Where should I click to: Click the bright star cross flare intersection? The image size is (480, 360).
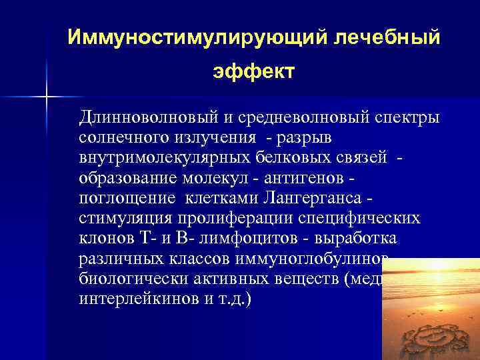click(x=47, y=97)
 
